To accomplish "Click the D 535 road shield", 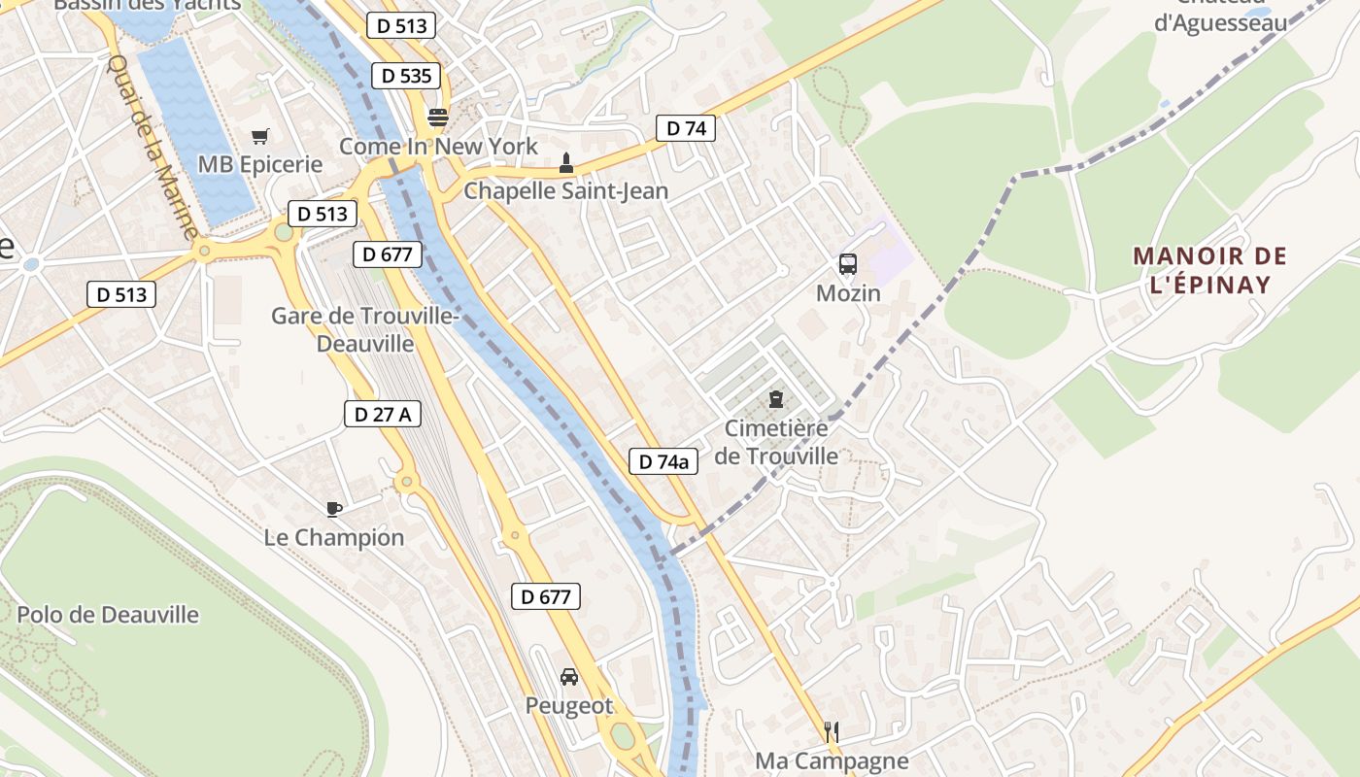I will point(406,76).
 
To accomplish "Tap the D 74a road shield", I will point(664,461).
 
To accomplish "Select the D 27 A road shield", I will point(383,414).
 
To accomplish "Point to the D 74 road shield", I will point(686,127).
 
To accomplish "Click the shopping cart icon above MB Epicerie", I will point(259,137).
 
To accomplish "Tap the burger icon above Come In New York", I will point(438,118).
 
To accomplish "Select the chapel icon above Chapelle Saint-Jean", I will point(566,163).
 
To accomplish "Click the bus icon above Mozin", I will point(848,263).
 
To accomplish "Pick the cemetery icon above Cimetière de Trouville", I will point(775,398).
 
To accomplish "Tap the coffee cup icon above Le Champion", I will point(334,508).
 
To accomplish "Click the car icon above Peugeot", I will point(569,676).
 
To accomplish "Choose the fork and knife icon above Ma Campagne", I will point(831,731).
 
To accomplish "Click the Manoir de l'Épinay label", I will point(1209,271).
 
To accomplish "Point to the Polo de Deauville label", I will point(108,615).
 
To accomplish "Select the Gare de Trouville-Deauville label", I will point(364,329).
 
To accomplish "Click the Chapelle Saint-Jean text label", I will point(566,190).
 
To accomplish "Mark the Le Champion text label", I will point(334,537).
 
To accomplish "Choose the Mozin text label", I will point(848,293).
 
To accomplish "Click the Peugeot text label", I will point(569,706).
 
